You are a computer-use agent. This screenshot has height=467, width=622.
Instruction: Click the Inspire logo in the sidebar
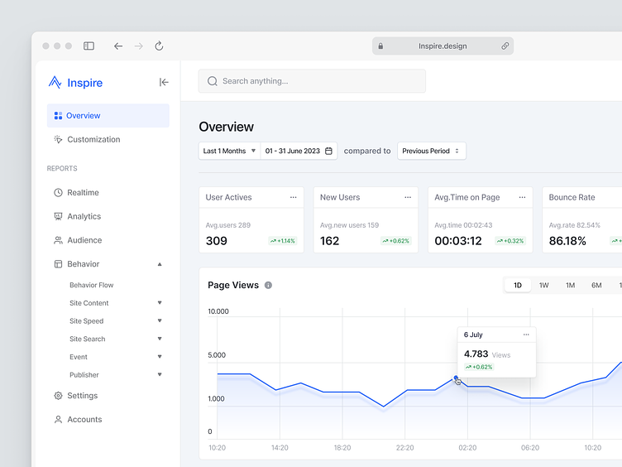[x=75, y=83]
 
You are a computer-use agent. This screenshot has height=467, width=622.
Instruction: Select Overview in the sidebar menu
[x=83, y=116]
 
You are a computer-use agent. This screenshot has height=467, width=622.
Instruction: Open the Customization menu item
[x=93, y=140]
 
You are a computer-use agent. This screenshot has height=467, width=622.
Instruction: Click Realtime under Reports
[x=83, y=193]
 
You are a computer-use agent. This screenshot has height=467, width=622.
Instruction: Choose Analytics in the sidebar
[x=84, y=217]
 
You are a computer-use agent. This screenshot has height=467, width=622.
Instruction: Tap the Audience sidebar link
[x=84, y=241]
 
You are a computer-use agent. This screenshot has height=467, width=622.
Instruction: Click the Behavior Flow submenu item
[x=91, y=285]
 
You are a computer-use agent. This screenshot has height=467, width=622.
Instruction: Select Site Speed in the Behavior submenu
[x=86, y=321]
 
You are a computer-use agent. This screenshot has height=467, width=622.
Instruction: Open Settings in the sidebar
[x=82, y=396]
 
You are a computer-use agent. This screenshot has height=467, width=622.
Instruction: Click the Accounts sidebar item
[x=84, y=420]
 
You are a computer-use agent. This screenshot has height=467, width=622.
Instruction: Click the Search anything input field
[x=312, y=81]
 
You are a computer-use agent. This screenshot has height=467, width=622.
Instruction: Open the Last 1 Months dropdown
[x=229, y=151]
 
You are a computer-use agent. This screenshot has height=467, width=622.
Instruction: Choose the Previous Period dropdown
[x=431, y=151]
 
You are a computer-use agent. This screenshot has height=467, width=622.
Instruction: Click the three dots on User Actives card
[x=293, y=198]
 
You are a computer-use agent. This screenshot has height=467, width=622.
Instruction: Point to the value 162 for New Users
[x=329, y=241]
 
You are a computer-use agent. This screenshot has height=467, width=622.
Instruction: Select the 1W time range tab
[x=543, y=285]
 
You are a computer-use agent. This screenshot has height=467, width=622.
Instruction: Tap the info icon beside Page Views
[x=268, y=285]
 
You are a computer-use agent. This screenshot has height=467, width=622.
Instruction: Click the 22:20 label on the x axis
[x=404, y=448]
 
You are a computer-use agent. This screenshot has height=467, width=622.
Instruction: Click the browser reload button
[x=159, y=46]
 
